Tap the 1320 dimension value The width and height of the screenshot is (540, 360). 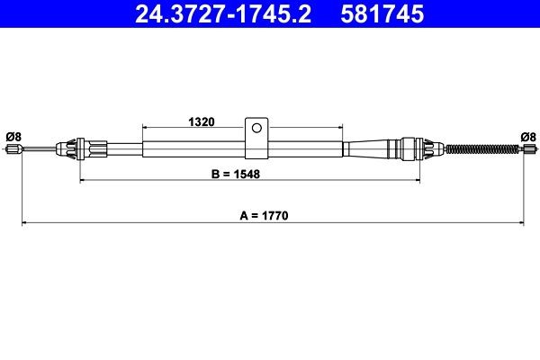coord(200,121)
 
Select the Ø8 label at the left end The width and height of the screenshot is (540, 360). coord(13,137)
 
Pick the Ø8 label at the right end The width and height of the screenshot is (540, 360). coord(528,137)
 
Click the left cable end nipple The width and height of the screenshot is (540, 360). coord(13,148)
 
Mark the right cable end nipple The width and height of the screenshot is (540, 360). coord(527,148)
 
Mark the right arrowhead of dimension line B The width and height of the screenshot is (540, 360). coord(418,182)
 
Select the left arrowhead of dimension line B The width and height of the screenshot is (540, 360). coord(83,182)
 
